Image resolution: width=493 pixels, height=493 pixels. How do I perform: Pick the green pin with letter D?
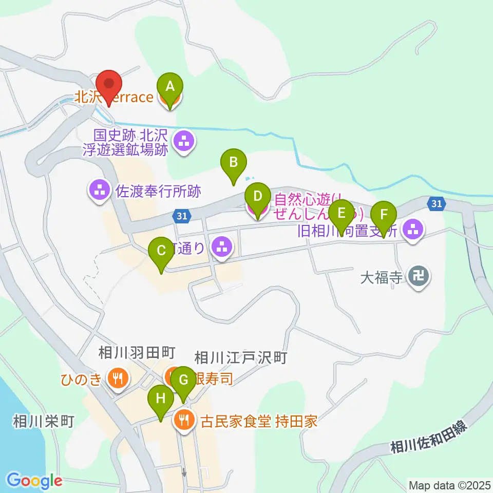click(258, 196)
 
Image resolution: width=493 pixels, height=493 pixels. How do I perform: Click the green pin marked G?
click(183, 380)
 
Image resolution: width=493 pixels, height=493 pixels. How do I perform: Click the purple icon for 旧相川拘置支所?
click(413, 230)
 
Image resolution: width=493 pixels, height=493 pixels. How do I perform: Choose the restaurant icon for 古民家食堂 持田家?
click(183, 421)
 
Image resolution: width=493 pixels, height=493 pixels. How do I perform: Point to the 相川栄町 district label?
click(44, 422)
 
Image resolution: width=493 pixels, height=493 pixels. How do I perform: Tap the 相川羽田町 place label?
click(137, 352)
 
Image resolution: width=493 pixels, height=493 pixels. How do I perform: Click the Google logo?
click(35, 481)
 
